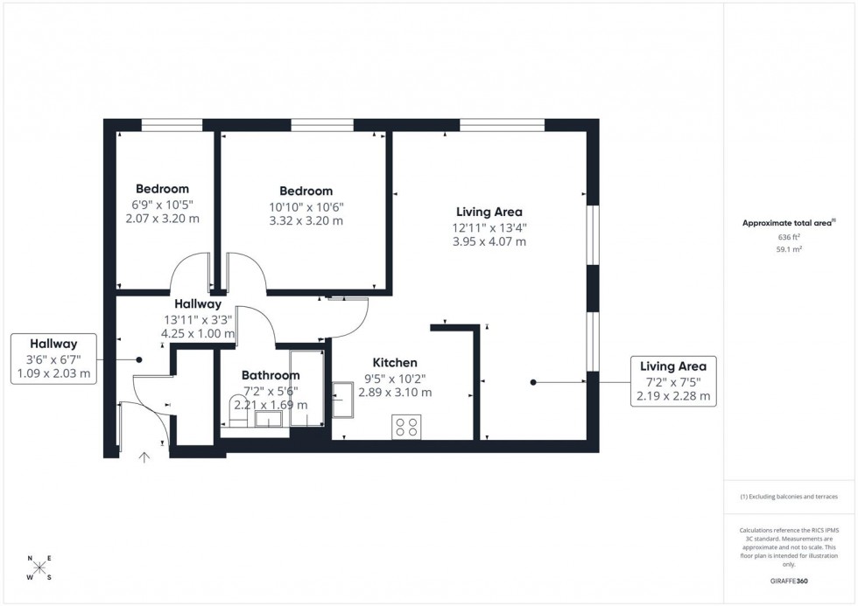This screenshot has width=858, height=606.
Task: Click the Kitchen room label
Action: coord(395,363)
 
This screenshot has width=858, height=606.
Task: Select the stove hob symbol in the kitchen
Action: coord(406,427)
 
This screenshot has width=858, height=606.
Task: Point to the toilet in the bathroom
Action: coord(238,410)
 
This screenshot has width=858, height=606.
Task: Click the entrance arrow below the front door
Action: coord(144,457)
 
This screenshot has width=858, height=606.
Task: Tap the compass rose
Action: coord(39,568)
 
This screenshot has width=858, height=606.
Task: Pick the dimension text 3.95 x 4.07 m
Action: coord(489,241)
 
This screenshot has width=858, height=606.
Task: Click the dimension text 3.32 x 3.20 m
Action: coord(306,221)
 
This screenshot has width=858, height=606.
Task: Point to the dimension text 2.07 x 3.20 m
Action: coord(162,219)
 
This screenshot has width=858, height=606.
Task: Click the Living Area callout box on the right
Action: coord(673,381)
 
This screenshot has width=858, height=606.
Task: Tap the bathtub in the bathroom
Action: coord(306,388)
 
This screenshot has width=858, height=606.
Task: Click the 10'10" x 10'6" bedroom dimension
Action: coord(306,207)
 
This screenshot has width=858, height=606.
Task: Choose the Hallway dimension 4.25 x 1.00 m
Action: coord(198,333)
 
